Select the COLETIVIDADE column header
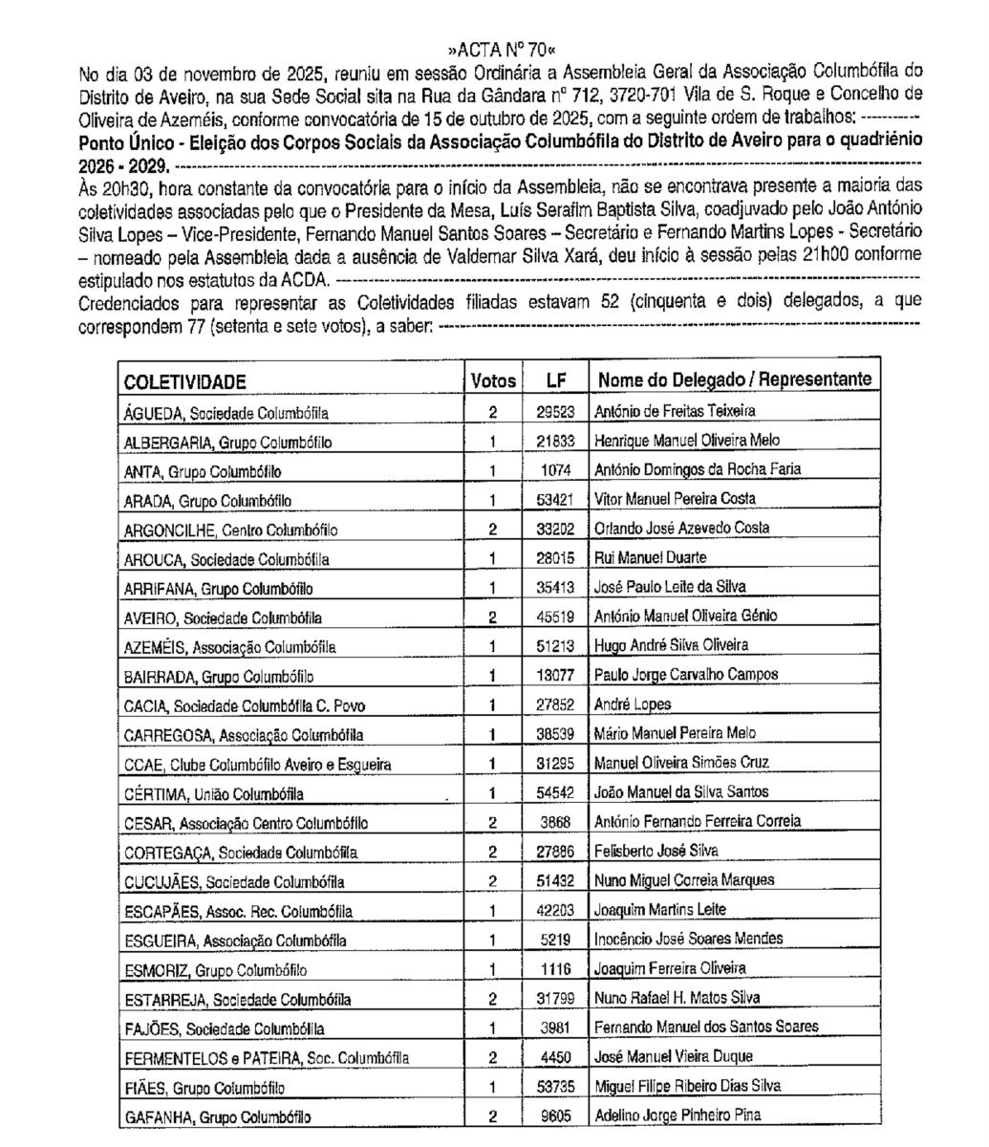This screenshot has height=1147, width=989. [184, 381]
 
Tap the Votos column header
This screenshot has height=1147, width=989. [493, 380]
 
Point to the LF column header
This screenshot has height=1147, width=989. [556, 380]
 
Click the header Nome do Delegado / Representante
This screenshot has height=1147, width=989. [734, 379]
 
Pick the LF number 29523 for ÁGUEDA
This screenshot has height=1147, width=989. [556, 411]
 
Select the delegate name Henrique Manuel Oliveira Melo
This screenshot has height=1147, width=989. [686, 441]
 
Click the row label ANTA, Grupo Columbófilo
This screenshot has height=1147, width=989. [203, 471]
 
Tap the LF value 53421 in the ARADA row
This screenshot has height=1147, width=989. [556, 499]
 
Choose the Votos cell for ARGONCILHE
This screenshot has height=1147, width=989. [493, 529]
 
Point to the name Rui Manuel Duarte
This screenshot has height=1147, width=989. [645, 557]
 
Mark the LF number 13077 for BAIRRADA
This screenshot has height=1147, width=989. [556, 675]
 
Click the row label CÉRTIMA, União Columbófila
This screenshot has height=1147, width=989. [214, 794]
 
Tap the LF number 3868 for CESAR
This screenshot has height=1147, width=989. [556, 821]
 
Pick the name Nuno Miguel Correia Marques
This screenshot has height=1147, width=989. [684, 880]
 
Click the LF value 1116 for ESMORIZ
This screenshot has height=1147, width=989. [556, 969]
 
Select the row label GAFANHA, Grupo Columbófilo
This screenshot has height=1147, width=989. [217, 1116]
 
